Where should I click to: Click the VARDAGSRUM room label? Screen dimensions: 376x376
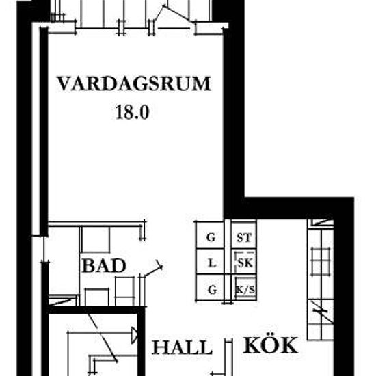click(134, 83)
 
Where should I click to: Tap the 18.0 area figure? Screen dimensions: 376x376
click(133, 112)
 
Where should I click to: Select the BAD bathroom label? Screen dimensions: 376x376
click(104, 266)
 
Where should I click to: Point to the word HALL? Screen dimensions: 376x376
click(183, 347)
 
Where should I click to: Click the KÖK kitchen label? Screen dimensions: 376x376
click(271, 345)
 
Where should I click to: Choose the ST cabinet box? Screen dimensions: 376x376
click(244, 235)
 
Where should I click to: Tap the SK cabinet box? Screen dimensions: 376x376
click(244, 262)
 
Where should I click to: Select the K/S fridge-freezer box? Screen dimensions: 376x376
click(244, 288)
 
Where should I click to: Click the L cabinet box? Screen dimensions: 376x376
click(211, 262)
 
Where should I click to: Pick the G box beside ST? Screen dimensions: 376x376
click(211, 235)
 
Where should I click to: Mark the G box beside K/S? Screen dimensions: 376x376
click(211, 288)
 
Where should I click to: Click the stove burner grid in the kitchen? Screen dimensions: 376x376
click(321, 262)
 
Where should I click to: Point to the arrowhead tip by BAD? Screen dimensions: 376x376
click(162, 266)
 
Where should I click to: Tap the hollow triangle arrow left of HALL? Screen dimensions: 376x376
click(135, 335)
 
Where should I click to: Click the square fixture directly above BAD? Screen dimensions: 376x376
click(96, 239)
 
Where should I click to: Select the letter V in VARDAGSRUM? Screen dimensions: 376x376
click(64, 83)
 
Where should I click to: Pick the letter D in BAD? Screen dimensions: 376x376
click(119, 266)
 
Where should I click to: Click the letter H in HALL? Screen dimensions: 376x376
click(160, 347)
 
